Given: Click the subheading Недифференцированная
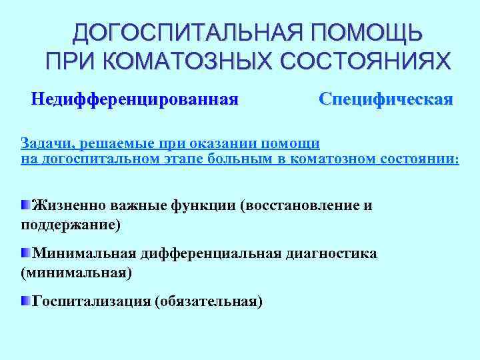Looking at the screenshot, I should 135,99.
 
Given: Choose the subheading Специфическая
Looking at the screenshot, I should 386,99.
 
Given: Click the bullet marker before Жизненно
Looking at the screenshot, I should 25,204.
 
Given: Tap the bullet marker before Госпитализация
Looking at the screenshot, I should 25,301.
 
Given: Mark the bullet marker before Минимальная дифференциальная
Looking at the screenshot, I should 25,253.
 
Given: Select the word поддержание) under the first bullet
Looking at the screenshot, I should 71,225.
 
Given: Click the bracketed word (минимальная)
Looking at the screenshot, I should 76,273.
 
